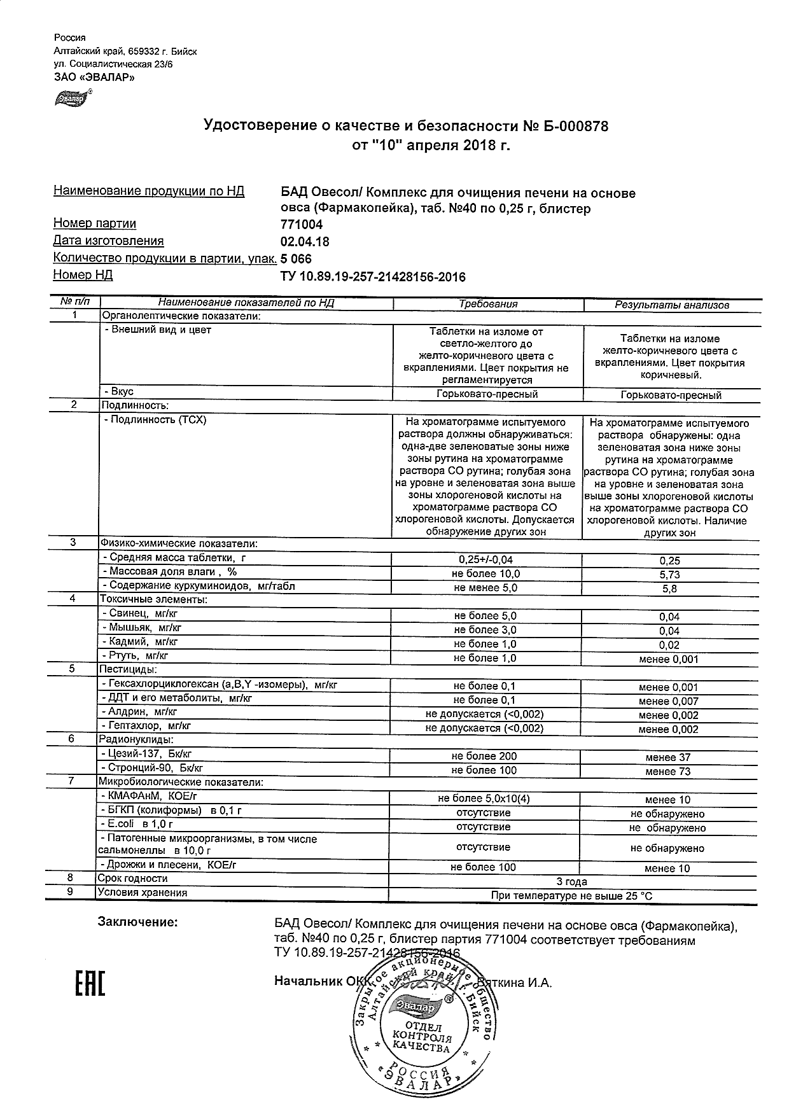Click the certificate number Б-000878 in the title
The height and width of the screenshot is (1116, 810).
click(x=575, y=126)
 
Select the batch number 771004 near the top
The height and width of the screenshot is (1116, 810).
click(x=302, y=225)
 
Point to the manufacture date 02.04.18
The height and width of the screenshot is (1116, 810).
click(x=305, y=242)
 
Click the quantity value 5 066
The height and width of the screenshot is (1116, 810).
click(x=296, y=259)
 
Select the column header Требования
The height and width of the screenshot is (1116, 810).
click(x=488, y=305)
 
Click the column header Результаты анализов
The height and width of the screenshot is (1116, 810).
click(x=671, y=305)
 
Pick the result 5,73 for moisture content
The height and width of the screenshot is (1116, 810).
click(x=670, y=575)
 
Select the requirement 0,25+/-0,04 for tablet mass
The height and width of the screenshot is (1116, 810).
click(x=485, y=560)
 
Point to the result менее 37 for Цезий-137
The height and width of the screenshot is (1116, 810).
click(x=667, y=757)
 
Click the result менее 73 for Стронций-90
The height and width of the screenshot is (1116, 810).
click(x=667, y=772)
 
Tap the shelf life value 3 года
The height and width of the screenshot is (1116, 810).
click(x=571, y=882)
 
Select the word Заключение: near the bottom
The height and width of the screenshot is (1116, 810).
click(x=137, y=923)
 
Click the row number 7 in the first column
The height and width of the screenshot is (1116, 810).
click(x=72, y=781)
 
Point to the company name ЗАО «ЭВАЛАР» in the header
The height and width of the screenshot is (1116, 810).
click(x=94, y=78)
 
